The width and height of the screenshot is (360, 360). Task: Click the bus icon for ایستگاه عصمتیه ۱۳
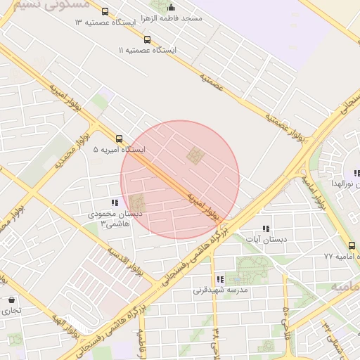point(105,12)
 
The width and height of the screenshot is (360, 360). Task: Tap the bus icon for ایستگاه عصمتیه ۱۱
point(147,40)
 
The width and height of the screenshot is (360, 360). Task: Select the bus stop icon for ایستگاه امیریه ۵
point(119,139)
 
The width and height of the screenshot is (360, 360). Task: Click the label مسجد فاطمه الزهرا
point(170,18)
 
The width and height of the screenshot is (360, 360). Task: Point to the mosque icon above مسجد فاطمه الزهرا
point(171,7)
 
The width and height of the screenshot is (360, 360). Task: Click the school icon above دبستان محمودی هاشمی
point(115,203)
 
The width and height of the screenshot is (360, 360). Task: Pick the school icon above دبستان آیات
point(266,229)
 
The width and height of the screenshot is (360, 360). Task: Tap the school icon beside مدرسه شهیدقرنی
point(220,279)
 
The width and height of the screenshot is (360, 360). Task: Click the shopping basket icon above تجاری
point(11,300)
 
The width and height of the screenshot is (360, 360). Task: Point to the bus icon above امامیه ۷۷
point(352,245)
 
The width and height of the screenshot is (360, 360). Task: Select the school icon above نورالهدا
point(356,173)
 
